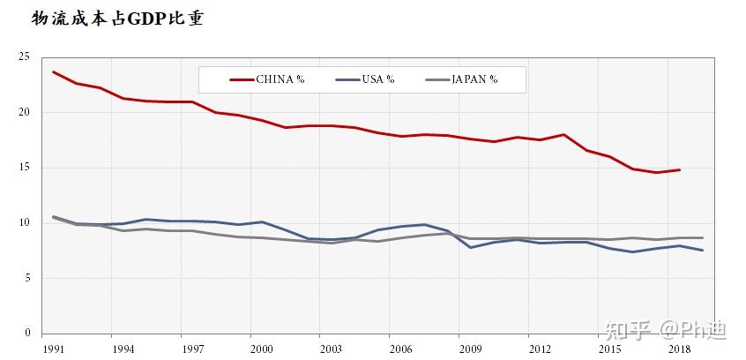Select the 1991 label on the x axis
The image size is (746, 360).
(x=53, y=349)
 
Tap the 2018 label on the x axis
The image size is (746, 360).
(x=679, y=349)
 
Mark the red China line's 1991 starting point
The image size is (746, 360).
(x=53, y=71)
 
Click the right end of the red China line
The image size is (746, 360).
(x=679, y=169)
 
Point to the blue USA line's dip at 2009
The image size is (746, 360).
(x=470, y=247)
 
